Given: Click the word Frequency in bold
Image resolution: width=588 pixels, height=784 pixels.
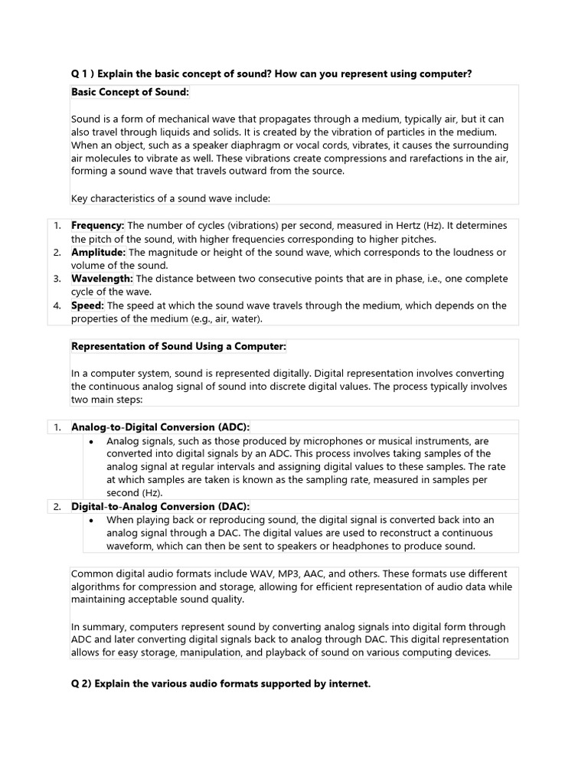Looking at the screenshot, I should pyautogui.click(x=97, y=226).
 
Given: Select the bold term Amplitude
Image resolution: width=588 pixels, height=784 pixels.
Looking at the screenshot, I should pyautogui.click(x=99, y=253).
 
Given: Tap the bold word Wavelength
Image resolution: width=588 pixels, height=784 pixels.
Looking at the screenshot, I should pyautogui.click(x=102, y=279).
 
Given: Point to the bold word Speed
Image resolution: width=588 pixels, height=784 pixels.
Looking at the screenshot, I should pyautogui.click(x=88, y=305).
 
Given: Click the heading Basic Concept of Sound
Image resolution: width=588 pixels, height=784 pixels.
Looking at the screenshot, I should pyautogui.click(x=129, y=93).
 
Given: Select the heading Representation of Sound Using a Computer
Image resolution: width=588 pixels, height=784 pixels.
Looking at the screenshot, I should pyautogui.click(x=178, y=346).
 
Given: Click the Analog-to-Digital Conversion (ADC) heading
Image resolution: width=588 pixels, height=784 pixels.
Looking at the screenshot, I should pyautogui.click(x=160, y=427).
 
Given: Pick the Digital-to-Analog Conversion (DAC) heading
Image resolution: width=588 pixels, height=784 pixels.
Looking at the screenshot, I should pyautogui.click(x=160, y=507).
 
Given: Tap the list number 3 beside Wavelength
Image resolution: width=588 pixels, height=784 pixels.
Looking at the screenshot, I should pyautogui.click(x=57, y=279).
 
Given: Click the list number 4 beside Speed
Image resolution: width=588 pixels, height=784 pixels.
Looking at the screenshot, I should pyautogui.click(x=57, y=305).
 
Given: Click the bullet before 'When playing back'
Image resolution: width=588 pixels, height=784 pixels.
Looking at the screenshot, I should pyautogui.click(x=92, y=521).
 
